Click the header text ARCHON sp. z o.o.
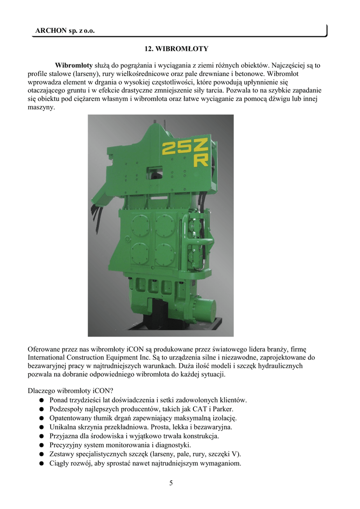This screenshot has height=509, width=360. click(x=65, y=31)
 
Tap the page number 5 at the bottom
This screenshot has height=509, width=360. click(x=171, y=483)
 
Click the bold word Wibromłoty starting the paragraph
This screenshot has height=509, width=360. click(x=74, y=65)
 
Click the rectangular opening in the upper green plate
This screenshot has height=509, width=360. click(x=156, y=171)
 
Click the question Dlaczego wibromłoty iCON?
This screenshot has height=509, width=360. click(x=71, y=391)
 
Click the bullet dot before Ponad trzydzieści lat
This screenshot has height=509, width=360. click(x=43, y=400)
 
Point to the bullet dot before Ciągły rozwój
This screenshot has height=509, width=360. click(x=43, y=464)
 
